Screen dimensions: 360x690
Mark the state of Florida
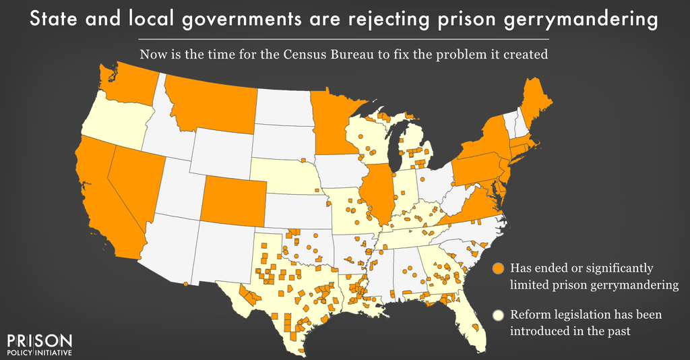click(472, 320)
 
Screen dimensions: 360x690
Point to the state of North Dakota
click(283, 108)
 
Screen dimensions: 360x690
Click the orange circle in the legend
click(499, 268)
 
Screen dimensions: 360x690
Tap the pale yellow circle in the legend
click(499, 315)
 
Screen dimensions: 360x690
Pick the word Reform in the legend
click(528, 315)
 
